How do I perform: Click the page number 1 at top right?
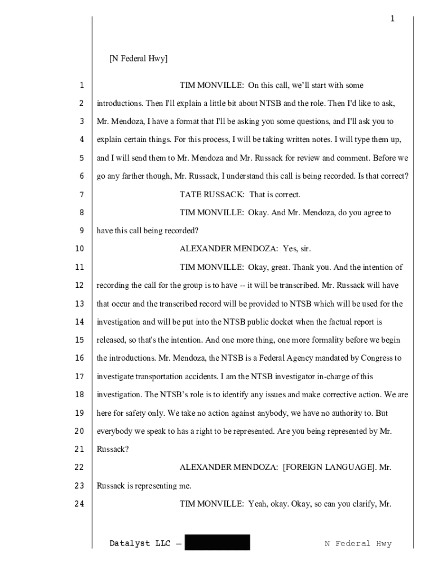coord(392,19)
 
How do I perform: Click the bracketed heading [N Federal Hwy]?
coord(138,59)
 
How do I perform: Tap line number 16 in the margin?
coord(79,358)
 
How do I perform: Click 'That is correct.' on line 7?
coord(275,195)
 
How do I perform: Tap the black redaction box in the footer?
coord(217,543)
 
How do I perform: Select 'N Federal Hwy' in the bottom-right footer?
coord(358,544)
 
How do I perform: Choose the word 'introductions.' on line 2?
coord(120,104)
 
